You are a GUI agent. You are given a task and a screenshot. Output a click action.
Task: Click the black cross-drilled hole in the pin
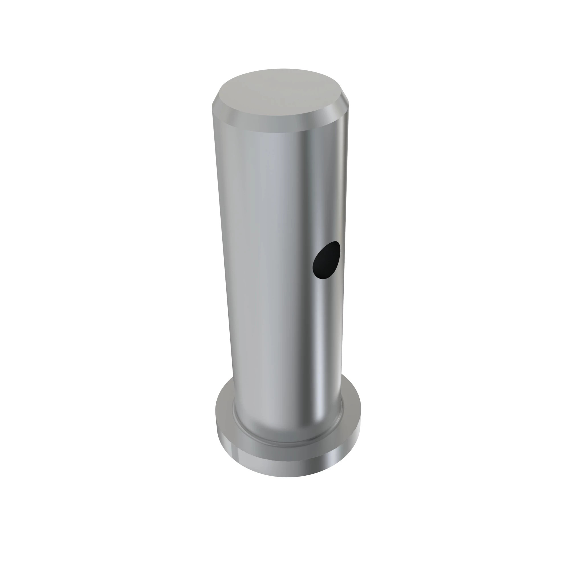[326, 260]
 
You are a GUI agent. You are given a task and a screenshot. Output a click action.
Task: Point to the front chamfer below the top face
[280, 125]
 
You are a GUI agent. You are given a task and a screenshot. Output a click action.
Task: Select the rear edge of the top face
[282, 70]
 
